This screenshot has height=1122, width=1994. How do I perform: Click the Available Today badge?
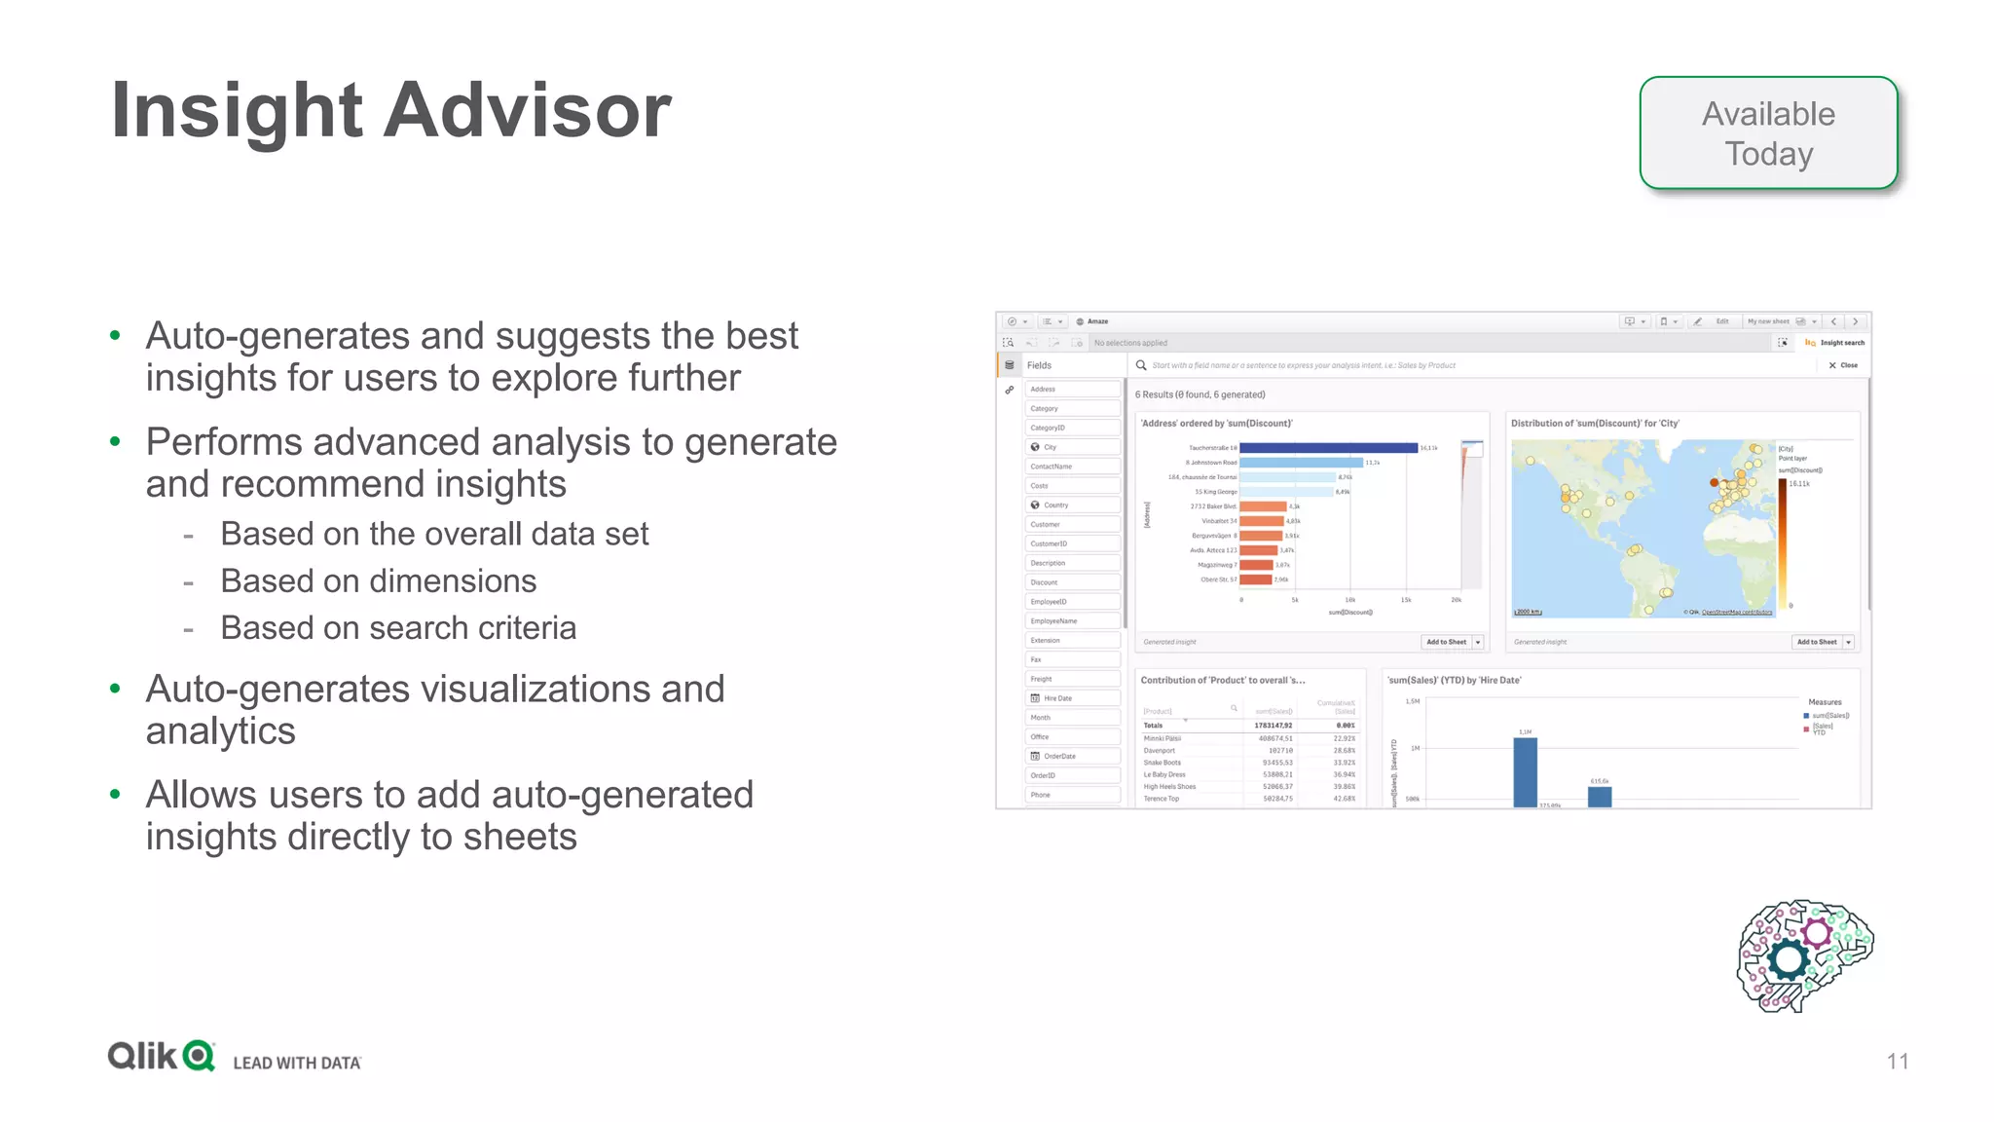click(x=1768, y=133)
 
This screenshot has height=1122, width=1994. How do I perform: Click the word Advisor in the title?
click(x=527, y=111)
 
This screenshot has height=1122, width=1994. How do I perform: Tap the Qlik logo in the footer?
click(x=162, y=1056)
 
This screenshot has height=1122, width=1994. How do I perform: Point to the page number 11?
click(x=1897, y=1062)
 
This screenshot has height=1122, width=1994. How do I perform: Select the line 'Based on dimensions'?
click(x=378, y=581)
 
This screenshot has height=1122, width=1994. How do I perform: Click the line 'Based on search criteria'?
click(x=398, y=628)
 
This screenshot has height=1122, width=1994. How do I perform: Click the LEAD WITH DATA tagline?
click(x=297, y=1063)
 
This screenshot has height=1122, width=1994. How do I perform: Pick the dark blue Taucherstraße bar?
click(x=1328, y=448)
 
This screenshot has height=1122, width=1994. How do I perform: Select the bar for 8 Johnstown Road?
click(x=1301, y=463)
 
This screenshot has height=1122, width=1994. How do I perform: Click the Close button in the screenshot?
click(x=1843, y=365)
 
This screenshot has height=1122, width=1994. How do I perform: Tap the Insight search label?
click(x=1841, y=343)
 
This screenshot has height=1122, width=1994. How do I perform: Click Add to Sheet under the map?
click(x=1817, y=642)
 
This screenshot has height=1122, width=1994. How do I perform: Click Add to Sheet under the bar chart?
click(x=1446, y=642)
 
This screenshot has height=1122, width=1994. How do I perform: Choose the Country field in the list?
click(x=1056, y=505)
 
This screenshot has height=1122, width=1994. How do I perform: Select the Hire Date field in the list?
click(x=1057, y=698)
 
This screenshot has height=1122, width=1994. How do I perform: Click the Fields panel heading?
click(x=1039, y=365)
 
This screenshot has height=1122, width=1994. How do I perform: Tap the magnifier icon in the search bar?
click(x=1141, y=365)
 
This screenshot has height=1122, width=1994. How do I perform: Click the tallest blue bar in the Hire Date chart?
click(x=1525, y=771)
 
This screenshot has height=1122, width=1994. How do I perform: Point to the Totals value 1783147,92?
click(x=1274, y=726)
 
